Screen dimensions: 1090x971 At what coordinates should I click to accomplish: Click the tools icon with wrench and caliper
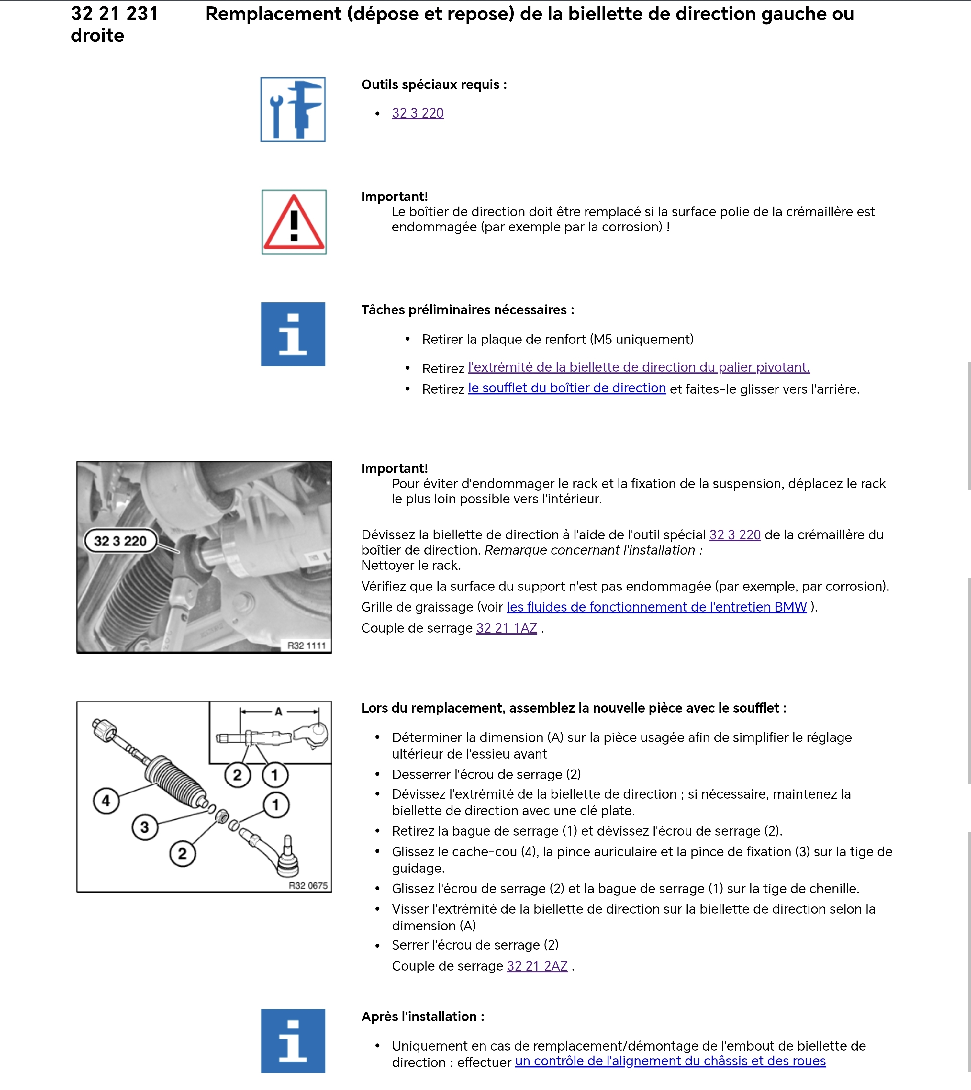click(x=293, y=109)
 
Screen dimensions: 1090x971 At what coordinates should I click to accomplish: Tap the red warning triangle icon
click(x=294, y=222)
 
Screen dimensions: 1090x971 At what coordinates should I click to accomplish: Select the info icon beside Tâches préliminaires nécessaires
click(x=293, y=334)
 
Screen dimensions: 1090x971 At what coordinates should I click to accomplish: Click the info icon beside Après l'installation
click(x=293, y=1040)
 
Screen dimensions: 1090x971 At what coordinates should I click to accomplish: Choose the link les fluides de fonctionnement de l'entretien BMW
click(x=656, y=607)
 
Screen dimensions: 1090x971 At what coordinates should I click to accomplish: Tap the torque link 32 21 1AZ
click(x=506, y=628)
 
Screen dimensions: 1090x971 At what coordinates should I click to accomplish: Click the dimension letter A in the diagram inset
click(x=278, y=711)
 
